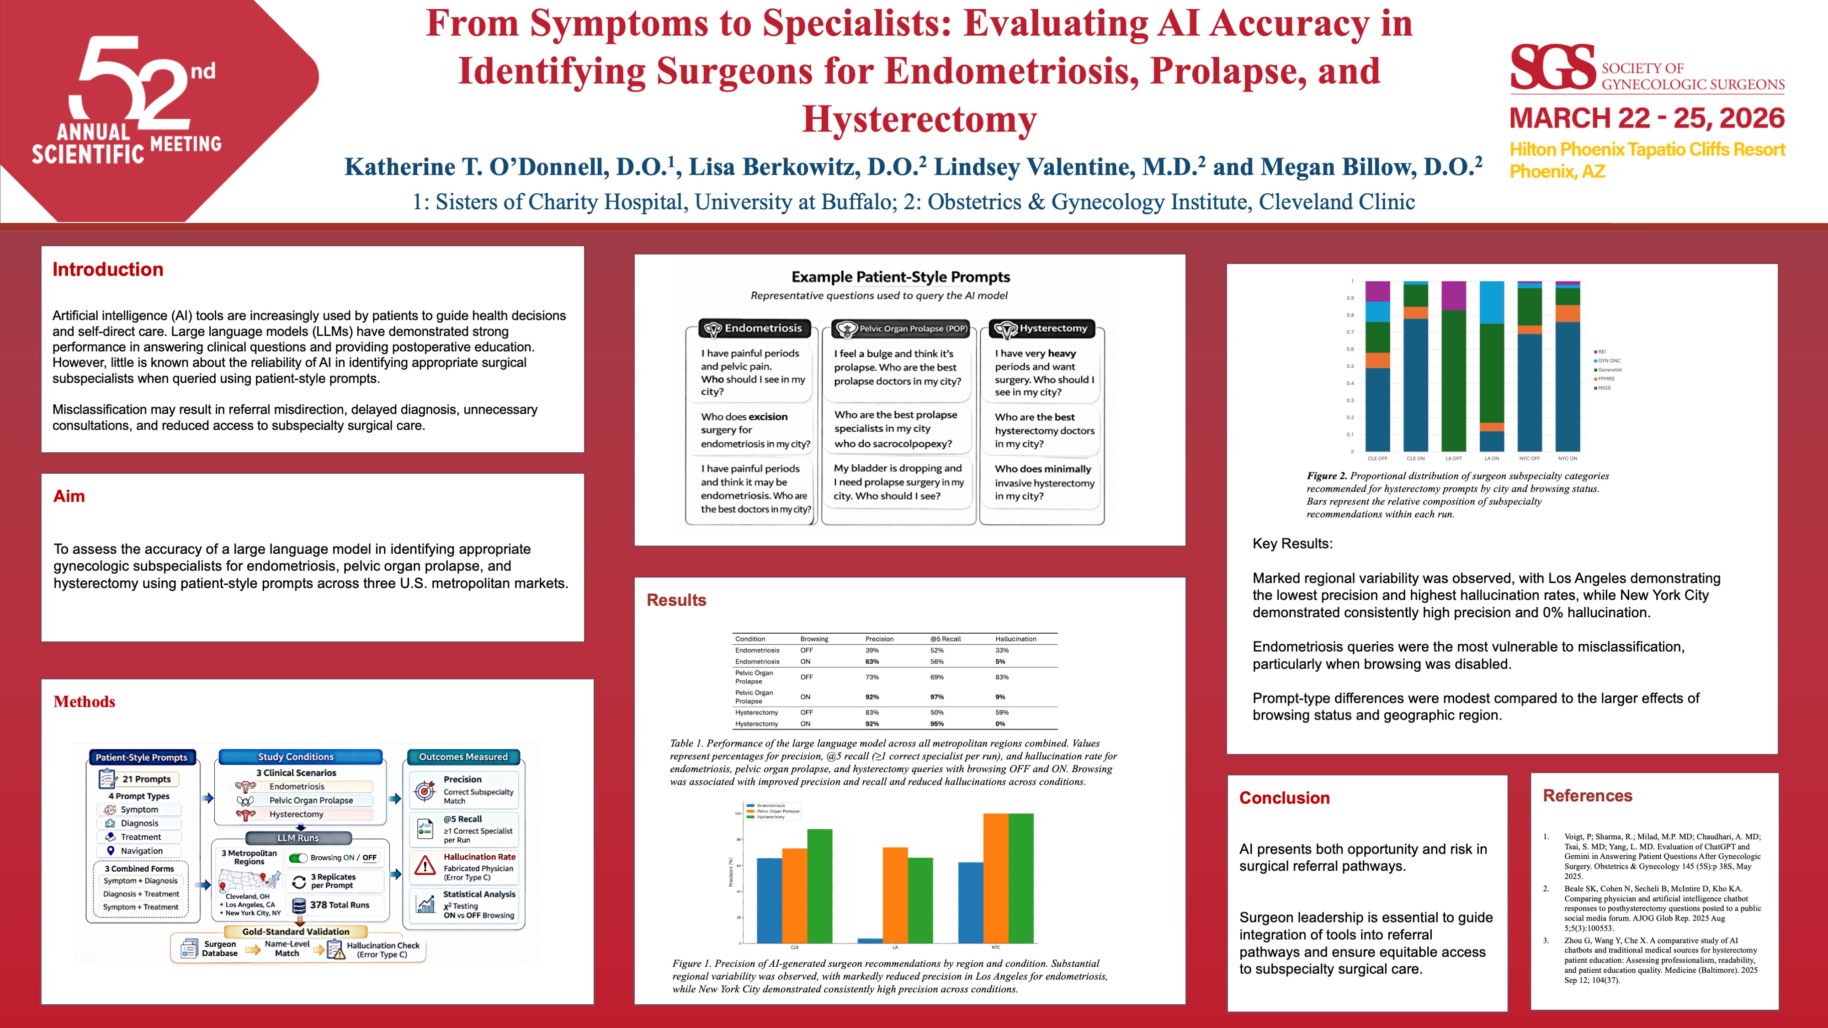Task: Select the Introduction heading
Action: click(x=108, y=270)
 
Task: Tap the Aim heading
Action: click(x=69, y=496)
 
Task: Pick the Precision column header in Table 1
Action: click(x=879, y=639)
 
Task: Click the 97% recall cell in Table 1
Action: click(x=937, y=697)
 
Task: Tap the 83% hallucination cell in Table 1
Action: click(x=1001, y=677)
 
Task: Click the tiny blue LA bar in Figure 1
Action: click(x=870, y=941)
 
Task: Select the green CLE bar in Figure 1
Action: click(x=819, y=885)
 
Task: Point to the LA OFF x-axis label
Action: click(x=1453, y=458)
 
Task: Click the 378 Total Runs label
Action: click(x=339, y=905)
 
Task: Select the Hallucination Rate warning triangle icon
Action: click(x=425, y=865)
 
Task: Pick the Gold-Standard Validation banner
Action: click(x=296, y=932)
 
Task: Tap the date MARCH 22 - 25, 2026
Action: click(x=1646, y=118)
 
